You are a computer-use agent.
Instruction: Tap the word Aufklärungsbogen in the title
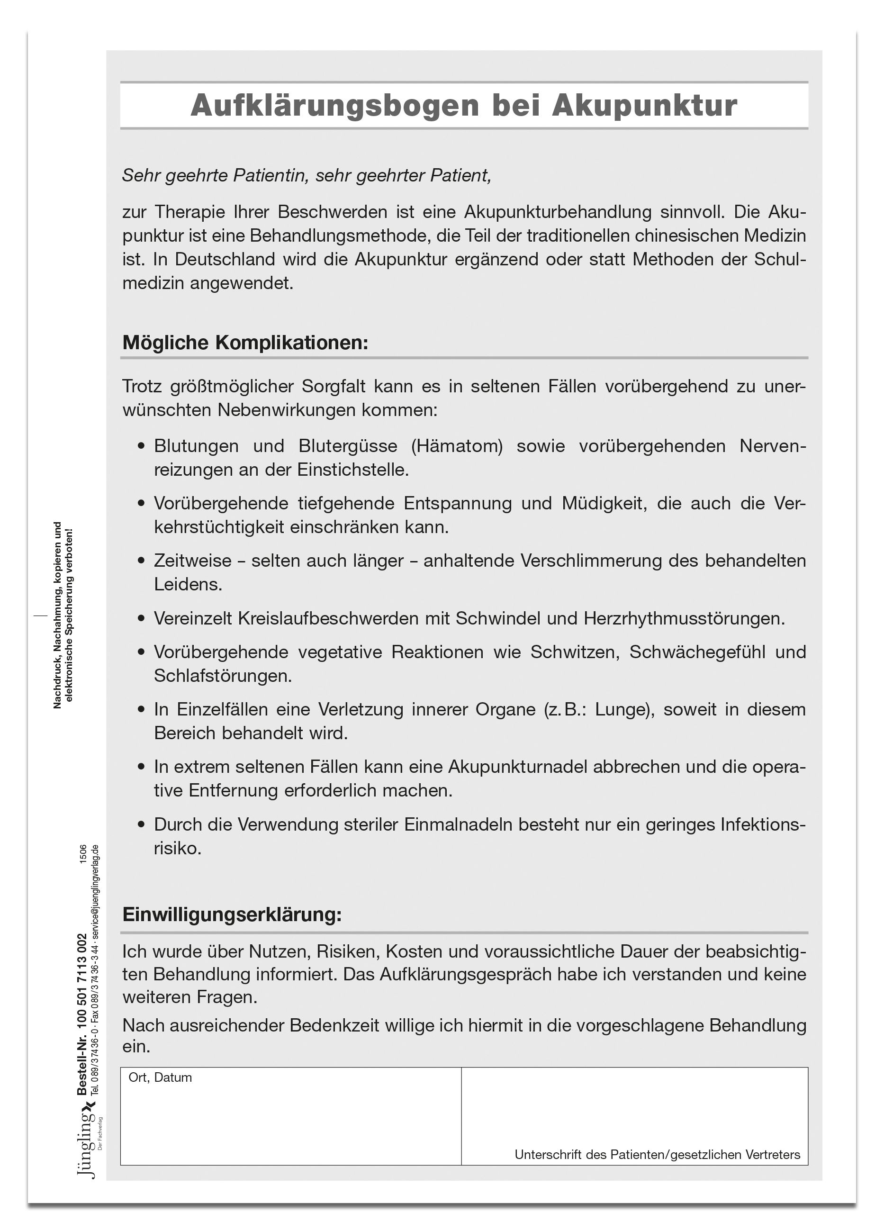335,105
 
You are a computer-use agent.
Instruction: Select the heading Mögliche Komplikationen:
245,343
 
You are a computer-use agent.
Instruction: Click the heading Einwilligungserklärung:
232,914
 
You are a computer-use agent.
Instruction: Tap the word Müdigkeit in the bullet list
604,503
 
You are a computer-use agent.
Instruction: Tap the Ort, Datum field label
160,1077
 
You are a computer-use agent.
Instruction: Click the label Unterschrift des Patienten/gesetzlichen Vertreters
657,1154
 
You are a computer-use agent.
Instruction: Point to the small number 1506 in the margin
83,854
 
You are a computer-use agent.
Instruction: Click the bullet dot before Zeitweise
142,561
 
